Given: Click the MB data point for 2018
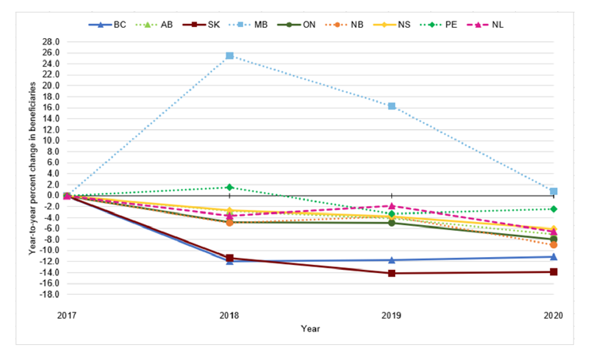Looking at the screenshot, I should coord(229,56).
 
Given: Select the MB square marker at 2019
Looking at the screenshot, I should coord(392,106).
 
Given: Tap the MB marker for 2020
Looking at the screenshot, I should coord(554,192).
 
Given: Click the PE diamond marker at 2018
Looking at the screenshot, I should coord(229,187).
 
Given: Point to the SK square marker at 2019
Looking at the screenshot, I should coord(392,273).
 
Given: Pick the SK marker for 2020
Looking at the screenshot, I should coord(554,272).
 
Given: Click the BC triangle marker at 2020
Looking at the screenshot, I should coord(554,257).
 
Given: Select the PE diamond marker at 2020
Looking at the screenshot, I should coord(554,209).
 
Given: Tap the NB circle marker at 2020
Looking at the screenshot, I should coord(554,245).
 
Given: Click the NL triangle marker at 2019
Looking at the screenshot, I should coord(392,206).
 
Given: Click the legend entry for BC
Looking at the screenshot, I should coord(108,25).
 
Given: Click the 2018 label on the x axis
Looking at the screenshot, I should coord(229,316).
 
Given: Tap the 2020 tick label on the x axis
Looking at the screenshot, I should coord(553,316).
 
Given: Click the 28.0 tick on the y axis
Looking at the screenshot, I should coord(51,42).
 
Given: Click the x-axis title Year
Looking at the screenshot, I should coord(310,329).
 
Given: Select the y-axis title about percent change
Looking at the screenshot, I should coord(32,168).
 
